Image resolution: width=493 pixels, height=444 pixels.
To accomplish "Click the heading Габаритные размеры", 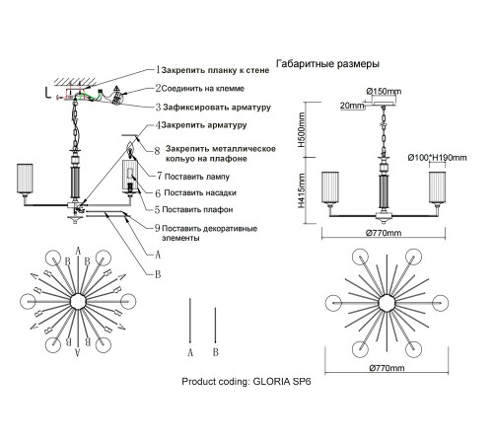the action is coord(327,64).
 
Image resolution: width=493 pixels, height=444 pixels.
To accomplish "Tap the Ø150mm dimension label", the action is coord(384,91).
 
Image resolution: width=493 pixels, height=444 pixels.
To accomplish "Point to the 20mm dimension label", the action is coord(352,106).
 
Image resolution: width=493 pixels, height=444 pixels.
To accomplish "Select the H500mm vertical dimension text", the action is coord(301,129).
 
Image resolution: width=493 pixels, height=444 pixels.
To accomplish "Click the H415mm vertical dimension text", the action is coord(301,190).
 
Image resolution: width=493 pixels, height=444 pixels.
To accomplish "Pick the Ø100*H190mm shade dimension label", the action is coord(437,158).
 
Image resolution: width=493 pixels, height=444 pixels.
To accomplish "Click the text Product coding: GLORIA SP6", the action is coord(246,382).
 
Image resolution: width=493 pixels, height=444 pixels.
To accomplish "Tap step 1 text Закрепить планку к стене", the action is coord(215,70).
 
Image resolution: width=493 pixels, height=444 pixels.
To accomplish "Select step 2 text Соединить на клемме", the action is coord(203,89).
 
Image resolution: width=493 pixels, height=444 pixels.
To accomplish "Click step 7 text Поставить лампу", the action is coord(197,177).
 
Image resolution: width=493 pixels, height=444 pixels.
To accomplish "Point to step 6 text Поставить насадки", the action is coord(200,192).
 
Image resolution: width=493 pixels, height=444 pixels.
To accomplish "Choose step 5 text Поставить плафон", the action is coord(197,209).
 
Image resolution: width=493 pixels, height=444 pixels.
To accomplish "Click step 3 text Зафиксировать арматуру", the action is coord(217,108).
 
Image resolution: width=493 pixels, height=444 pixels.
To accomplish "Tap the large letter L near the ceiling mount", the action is coord(48,93).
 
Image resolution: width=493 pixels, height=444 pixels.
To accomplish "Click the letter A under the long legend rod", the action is coord(190,352).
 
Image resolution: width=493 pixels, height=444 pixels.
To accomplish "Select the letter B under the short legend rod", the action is coord(215,352).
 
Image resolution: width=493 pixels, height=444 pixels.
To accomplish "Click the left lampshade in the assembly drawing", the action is coord(25,179).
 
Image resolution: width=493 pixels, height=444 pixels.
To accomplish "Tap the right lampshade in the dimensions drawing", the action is coord(437,187).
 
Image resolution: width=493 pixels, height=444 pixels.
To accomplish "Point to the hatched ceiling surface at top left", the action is coord(75,82).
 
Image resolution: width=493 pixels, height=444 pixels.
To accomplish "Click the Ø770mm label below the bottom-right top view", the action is coord(387,368).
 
